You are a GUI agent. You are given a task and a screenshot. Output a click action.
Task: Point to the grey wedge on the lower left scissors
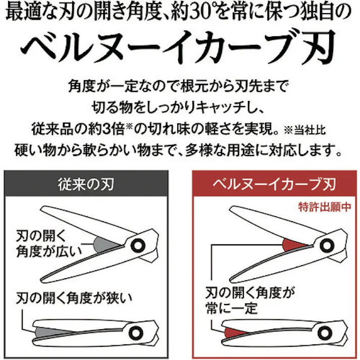coord(48,331)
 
